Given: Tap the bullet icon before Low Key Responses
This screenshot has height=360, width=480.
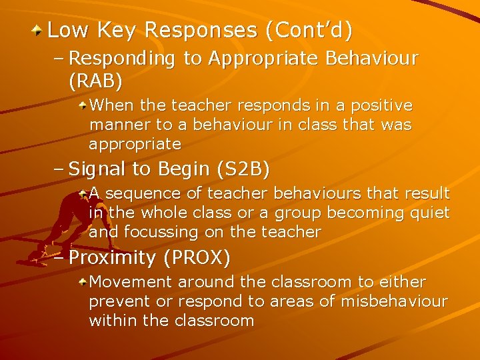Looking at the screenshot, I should pos(39,30).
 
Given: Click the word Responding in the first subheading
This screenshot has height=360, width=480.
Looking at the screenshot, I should pos(122,59).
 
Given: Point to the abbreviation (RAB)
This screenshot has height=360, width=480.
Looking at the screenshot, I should pos(95,81).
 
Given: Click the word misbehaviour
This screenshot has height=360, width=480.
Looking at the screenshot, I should pos(394,301).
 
